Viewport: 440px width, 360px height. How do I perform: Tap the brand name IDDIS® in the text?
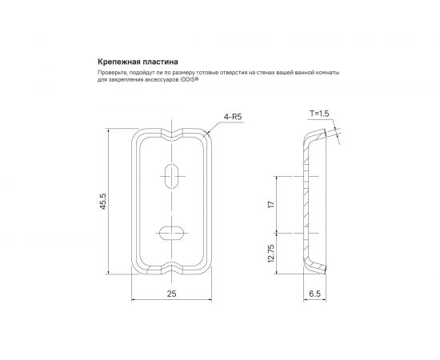coord(189,80)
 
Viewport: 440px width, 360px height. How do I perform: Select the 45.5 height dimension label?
coord(103,201)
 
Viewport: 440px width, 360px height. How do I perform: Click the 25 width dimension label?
coord(171,294)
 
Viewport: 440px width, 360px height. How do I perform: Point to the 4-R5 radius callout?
coord(233,117)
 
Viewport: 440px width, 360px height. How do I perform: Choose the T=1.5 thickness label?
coord(319,114)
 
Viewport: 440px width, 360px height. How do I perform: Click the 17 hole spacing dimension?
coord(271,204)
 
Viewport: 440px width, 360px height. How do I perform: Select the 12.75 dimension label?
coord(271,254)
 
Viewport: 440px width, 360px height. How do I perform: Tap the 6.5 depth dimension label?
coord(314,294)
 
